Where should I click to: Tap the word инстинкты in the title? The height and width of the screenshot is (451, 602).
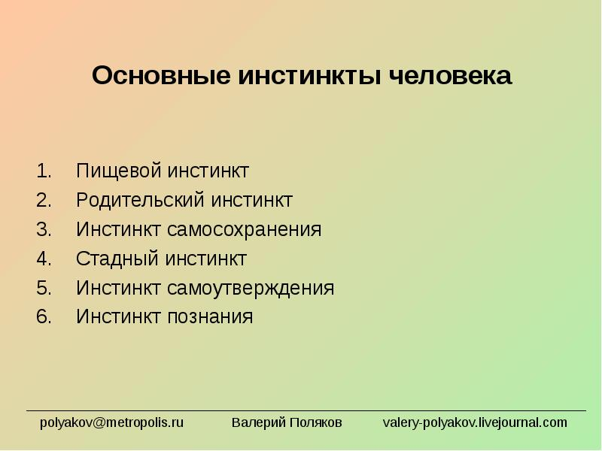pyautogui.click(x=310, y=76)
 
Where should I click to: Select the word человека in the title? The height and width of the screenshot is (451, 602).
pyautogui.click(x=450, y=76)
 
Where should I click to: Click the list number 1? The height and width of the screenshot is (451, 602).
pyautogui.click(x=44, y=171)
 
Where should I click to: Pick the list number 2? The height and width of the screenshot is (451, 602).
pyautogui.click(x=44, y=200)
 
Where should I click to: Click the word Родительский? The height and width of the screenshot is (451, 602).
pyautogui.click(x=140, y=200)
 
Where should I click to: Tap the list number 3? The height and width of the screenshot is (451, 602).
pyautogui.click(x=44, y=229)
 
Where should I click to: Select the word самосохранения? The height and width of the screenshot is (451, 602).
pyautogui.click(x=244, y=230)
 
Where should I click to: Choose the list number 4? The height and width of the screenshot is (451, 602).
pyautogui.click(x=44, y=259)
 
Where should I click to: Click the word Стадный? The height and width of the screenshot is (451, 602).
pyautogui.click(x=117, y=259)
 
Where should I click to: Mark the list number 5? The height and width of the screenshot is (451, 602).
pyautogui.click(x=44, y=288)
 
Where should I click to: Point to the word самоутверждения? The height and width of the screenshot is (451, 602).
pyautogui.click(x=251, y=289)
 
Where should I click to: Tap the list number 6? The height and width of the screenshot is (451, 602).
pyautogui.click(x=44, y=316)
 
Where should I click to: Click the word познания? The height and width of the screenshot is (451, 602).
pyautogui.click(x=210, y=317)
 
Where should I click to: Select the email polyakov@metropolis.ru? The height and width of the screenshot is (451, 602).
pyautogui.click(x=111, y=422)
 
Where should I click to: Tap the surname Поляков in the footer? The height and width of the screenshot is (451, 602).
pyautogui.click(x=315, y=422)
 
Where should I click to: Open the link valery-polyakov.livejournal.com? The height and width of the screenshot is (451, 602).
pyautogui.click(x=475, y=422)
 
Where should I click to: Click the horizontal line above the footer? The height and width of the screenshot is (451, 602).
pyautogui.click(x=306, y=410)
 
